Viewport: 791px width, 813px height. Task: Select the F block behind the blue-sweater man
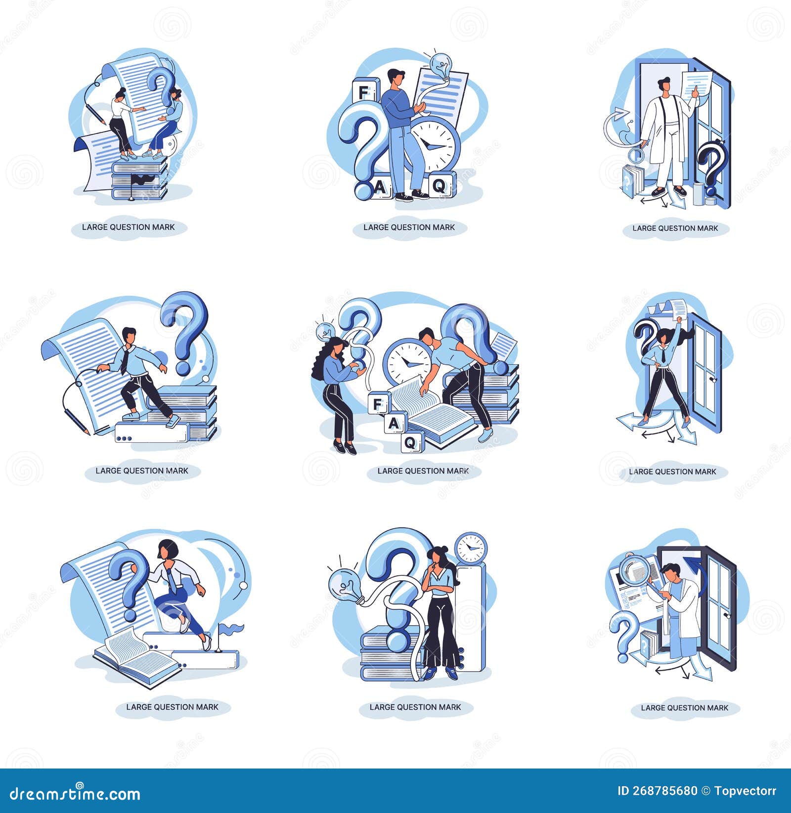(363, 92)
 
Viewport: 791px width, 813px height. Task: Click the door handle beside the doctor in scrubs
(726, 616)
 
